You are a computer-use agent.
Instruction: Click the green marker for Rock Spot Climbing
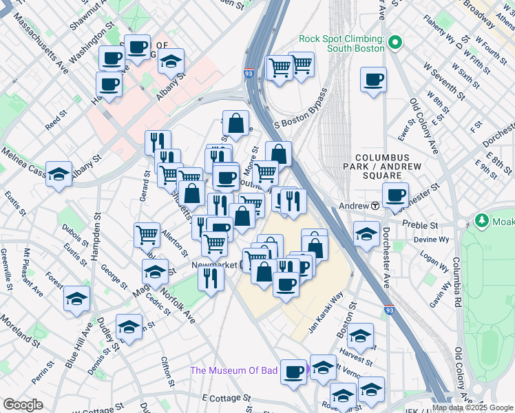(395, 43)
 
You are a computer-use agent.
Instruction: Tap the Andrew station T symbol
(376, 206)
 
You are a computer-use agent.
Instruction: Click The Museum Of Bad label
(233, 371)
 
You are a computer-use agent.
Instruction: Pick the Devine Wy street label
(431, 240)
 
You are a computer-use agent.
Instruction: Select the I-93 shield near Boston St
(389, 311)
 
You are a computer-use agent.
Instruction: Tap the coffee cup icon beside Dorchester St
(395, 195)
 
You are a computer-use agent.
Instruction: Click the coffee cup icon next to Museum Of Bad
(294, 371)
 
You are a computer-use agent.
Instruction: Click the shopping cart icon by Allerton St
(147, 235)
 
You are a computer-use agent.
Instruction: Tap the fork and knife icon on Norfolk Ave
(210, 277)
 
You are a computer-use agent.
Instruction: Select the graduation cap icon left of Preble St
(366, 234)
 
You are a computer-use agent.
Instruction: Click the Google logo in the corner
(23, 405)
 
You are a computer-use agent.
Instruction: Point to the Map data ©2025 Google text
(472, 407)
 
